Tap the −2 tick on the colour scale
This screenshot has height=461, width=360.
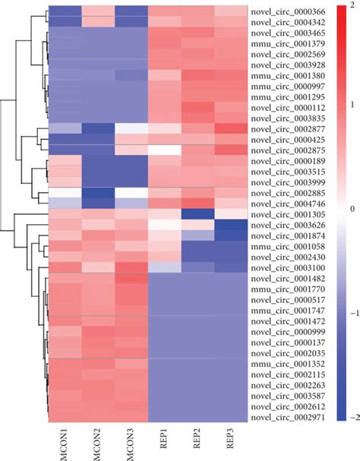pos(352,418)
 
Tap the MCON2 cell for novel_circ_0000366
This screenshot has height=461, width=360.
pos(98,12)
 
